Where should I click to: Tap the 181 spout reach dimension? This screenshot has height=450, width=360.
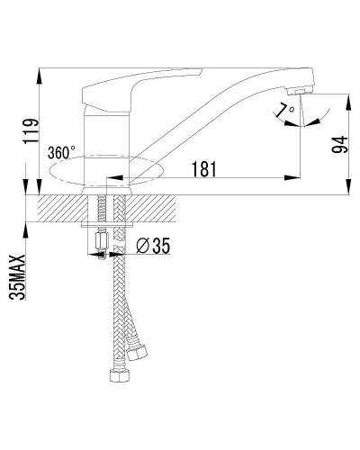pos(206,166)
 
